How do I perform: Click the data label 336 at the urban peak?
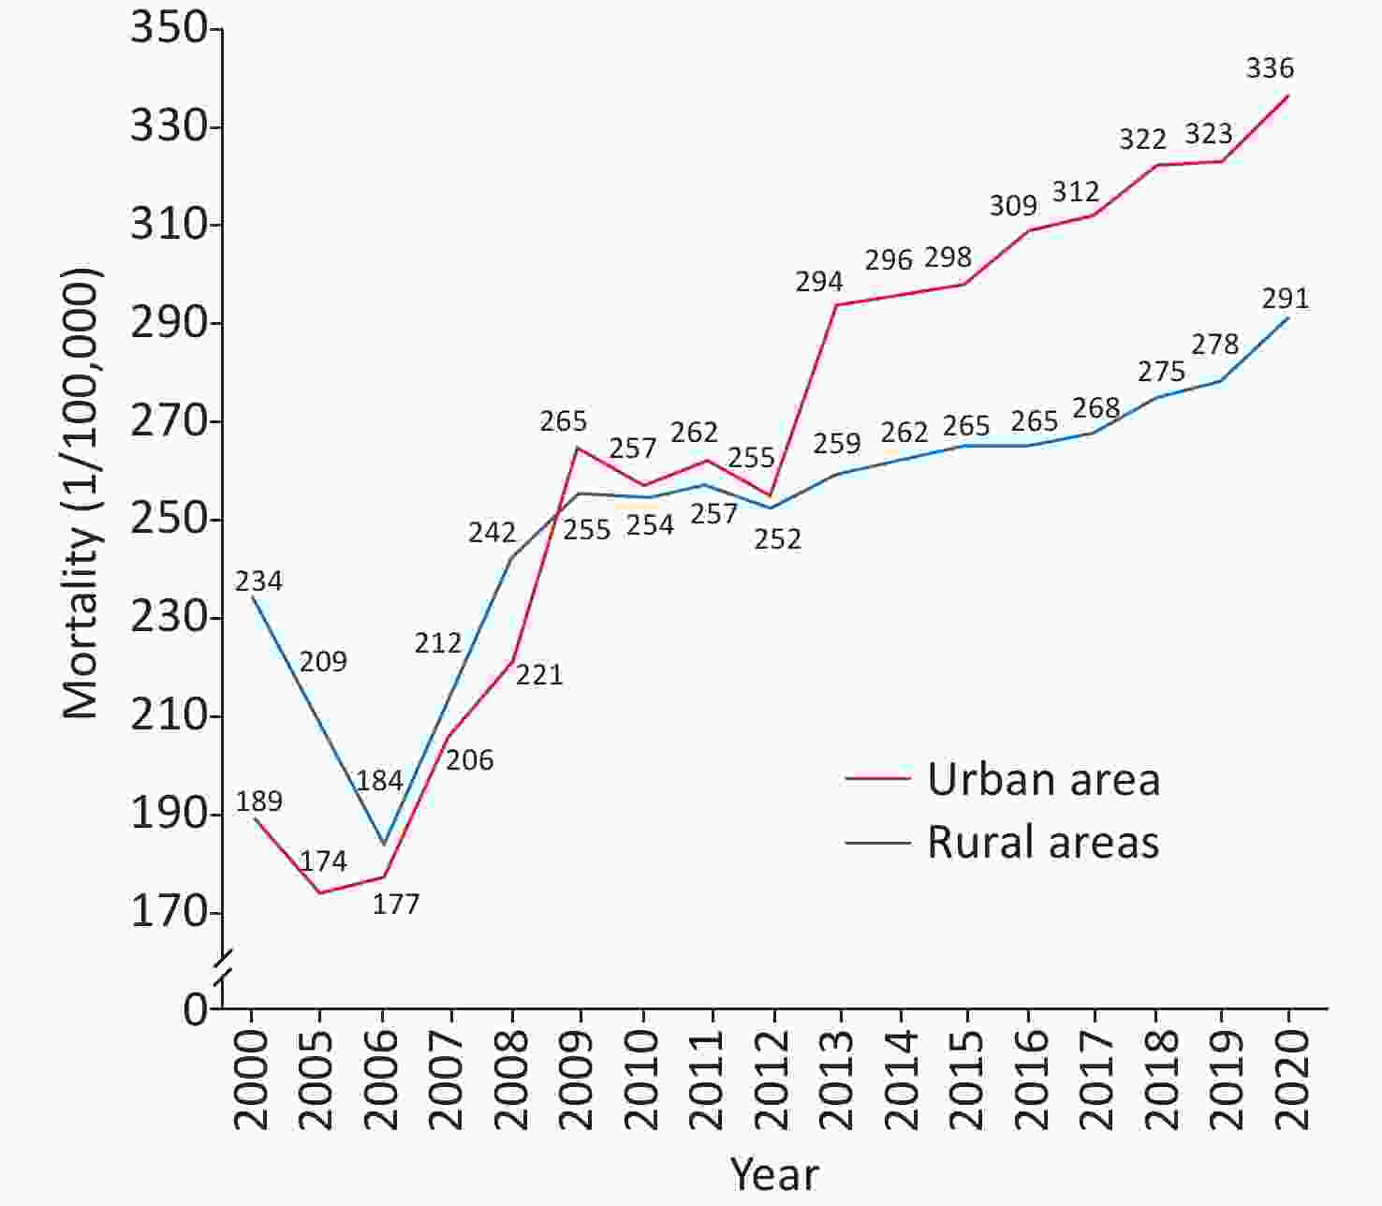tap(1270, 68)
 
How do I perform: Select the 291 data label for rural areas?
tap(1285, 299)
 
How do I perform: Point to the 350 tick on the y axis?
tap(169, 28)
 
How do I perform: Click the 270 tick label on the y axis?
tap(169, 421)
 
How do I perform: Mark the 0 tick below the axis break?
tap(195, 1009)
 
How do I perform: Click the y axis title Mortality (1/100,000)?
tap(81, 493)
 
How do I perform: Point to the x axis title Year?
tap(774, 1173)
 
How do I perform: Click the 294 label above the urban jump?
tap(819, 282)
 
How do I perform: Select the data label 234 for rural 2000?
tap(258, 581)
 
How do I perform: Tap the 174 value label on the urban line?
tap(323, 861)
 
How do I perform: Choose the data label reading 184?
tap(379, 781)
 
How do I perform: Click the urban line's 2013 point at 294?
tap(836, 304)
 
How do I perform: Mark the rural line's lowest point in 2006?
tap(383, 845)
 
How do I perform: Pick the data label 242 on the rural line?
tap(493, 533)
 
